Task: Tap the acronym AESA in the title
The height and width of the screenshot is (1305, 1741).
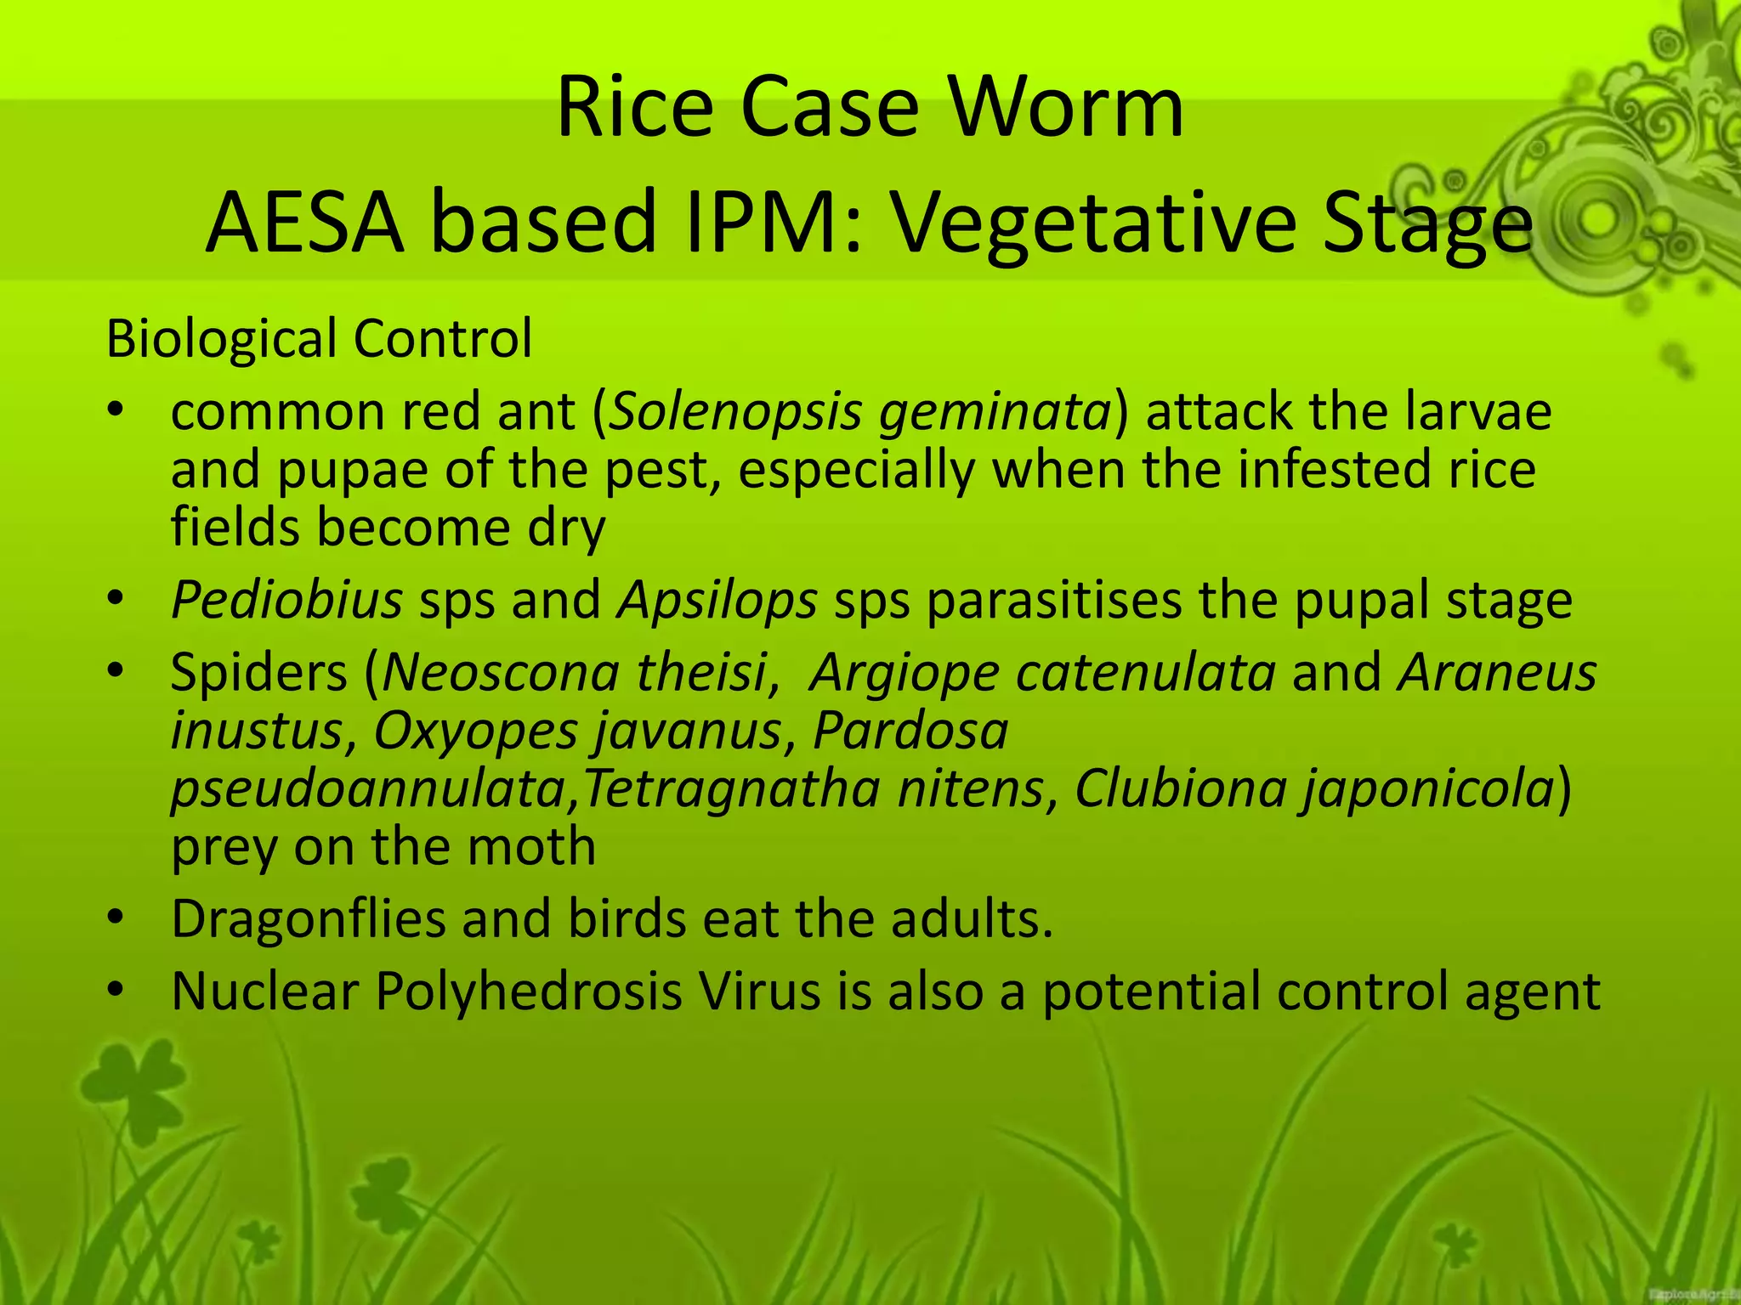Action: (x=303, y=223)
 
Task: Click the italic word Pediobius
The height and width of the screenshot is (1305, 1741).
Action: (x=286, y=600)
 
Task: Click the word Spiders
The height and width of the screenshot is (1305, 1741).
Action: (x=259, y=673)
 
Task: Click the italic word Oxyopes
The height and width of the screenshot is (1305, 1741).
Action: (x=476, y=731)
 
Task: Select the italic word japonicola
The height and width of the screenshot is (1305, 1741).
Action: (x=1429, y=790)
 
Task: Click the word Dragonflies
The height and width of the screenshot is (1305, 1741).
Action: (x=308, y=919)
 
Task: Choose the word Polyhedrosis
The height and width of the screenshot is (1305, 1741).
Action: (x=529, y=991)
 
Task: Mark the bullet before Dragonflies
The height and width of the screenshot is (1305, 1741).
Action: (x=116, y=918)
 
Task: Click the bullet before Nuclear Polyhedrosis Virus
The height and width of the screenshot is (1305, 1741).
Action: (x=116, y=990)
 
